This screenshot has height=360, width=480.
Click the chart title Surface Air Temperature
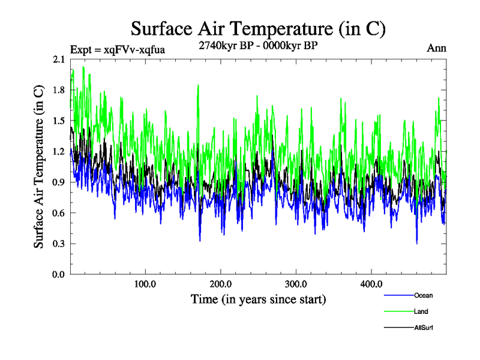[258, 29]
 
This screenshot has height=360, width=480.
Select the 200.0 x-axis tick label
[221, 284]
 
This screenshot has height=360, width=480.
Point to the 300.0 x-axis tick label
[296, 284]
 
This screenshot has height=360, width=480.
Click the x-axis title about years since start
[258, 299]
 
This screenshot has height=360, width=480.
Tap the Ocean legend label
[423, 295]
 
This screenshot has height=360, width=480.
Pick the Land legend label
[421, 311]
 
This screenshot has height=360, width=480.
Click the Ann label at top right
[437, 49]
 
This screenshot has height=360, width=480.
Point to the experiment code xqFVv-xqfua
[118, 49]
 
